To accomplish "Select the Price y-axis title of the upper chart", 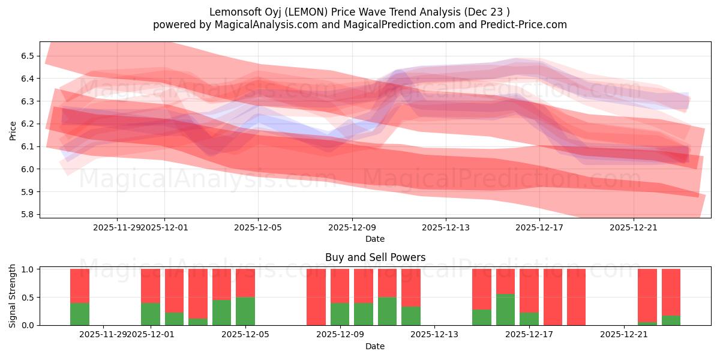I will point(13,130).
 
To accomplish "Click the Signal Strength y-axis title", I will point(13,296).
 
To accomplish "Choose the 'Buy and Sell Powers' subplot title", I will point(375,257).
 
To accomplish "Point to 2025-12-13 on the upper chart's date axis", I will point(445,227).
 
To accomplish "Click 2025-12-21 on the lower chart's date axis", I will point(624,334).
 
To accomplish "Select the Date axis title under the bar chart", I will point(375,346).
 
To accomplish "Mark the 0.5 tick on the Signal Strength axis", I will point(28,297).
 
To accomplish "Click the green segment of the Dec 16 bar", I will point(505,310).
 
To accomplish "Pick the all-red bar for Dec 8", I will point(316,297).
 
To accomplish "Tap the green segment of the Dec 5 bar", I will point(245,311).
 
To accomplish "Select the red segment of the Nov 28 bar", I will point(80,286).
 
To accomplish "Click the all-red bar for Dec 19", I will point(576,297).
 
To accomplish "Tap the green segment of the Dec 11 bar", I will point(387,311).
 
